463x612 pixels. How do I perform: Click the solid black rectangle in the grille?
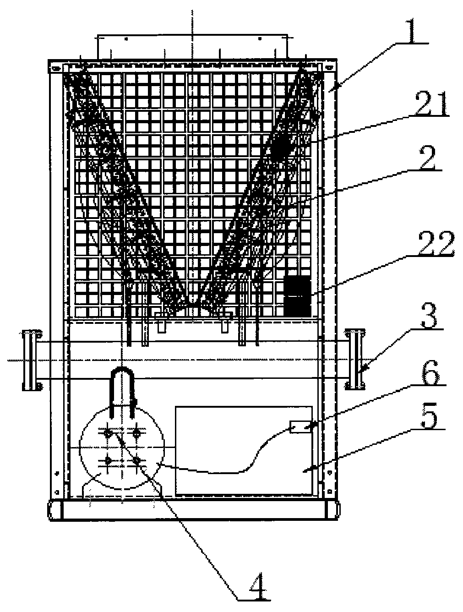point(297,296)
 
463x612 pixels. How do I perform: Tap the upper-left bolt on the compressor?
point(108,432)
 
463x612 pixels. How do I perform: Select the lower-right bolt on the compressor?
point(136,459)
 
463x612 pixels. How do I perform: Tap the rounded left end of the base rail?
point(52,510)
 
